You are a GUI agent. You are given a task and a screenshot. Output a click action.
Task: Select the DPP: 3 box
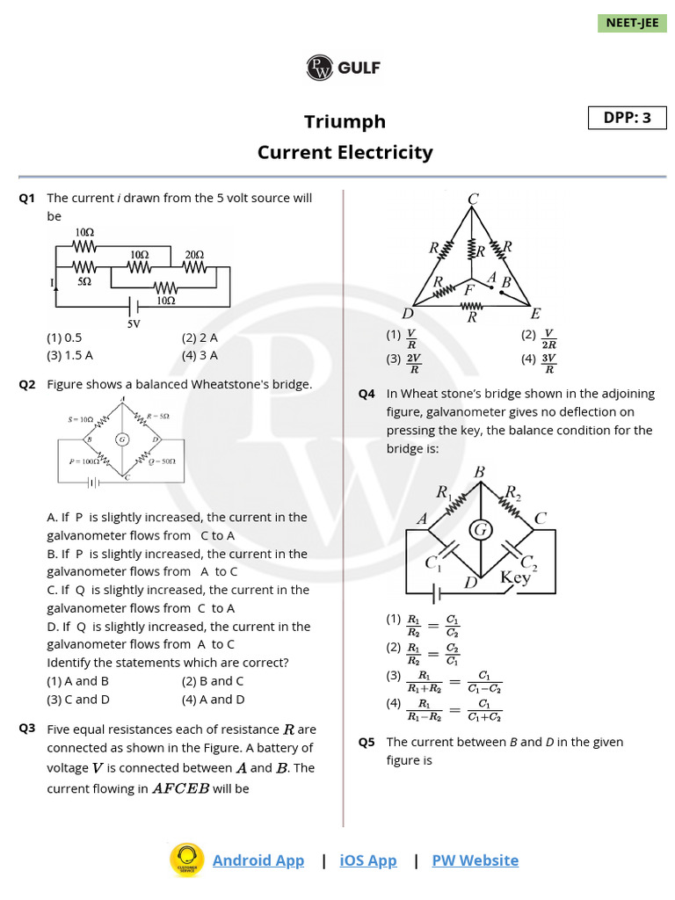pyautogui.click(x=628, y=118)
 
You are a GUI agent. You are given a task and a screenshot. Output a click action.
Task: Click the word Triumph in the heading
pyautogui.click(x=345, y=121)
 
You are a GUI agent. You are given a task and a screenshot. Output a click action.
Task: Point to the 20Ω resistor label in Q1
pyautogui.click(x=193, y=254)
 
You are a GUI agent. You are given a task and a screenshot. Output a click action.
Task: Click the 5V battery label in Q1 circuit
pyautogui.click(x=134, y=323)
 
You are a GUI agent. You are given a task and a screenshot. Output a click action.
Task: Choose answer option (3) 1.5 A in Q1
pyautogui.click(x=69, y=355)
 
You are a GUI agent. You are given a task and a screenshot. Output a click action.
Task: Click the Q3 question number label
pyautogui.click(x=27, y=729)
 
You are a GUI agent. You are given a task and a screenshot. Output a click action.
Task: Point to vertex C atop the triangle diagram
pyautogui.click(x=473, y=200)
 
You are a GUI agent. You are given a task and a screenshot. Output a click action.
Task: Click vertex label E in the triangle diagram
pyautogui.click(x=535, y=314)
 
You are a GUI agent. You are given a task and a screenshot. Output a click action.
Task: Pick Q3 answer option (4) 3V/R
pyautogui.click(x=540, y=359)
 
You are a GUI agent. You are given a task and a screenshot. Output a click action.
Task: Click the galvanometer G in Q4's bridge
pyautogui.click(x=480, y=529)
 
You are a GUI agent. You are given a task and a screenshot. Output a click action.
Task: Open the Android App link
pyautogui.click(x=258, y=860)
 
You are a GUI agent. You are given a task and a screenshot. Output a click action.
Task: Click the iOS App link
pyautogui.click(x=368, y=860)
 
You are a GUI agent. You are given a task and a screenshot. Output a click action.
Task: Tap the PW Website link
pyautogui.click(x=475, y=860)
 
